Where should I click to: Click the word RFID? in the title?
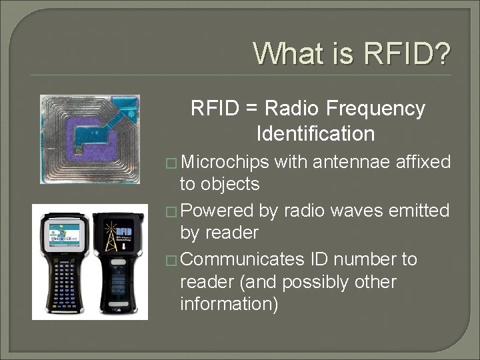407,53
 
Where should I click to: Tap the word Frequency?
373,108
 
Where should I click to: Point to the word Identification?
315,134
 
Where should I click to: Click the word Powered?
217,211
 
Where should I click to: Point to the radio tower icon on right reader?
110,230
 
